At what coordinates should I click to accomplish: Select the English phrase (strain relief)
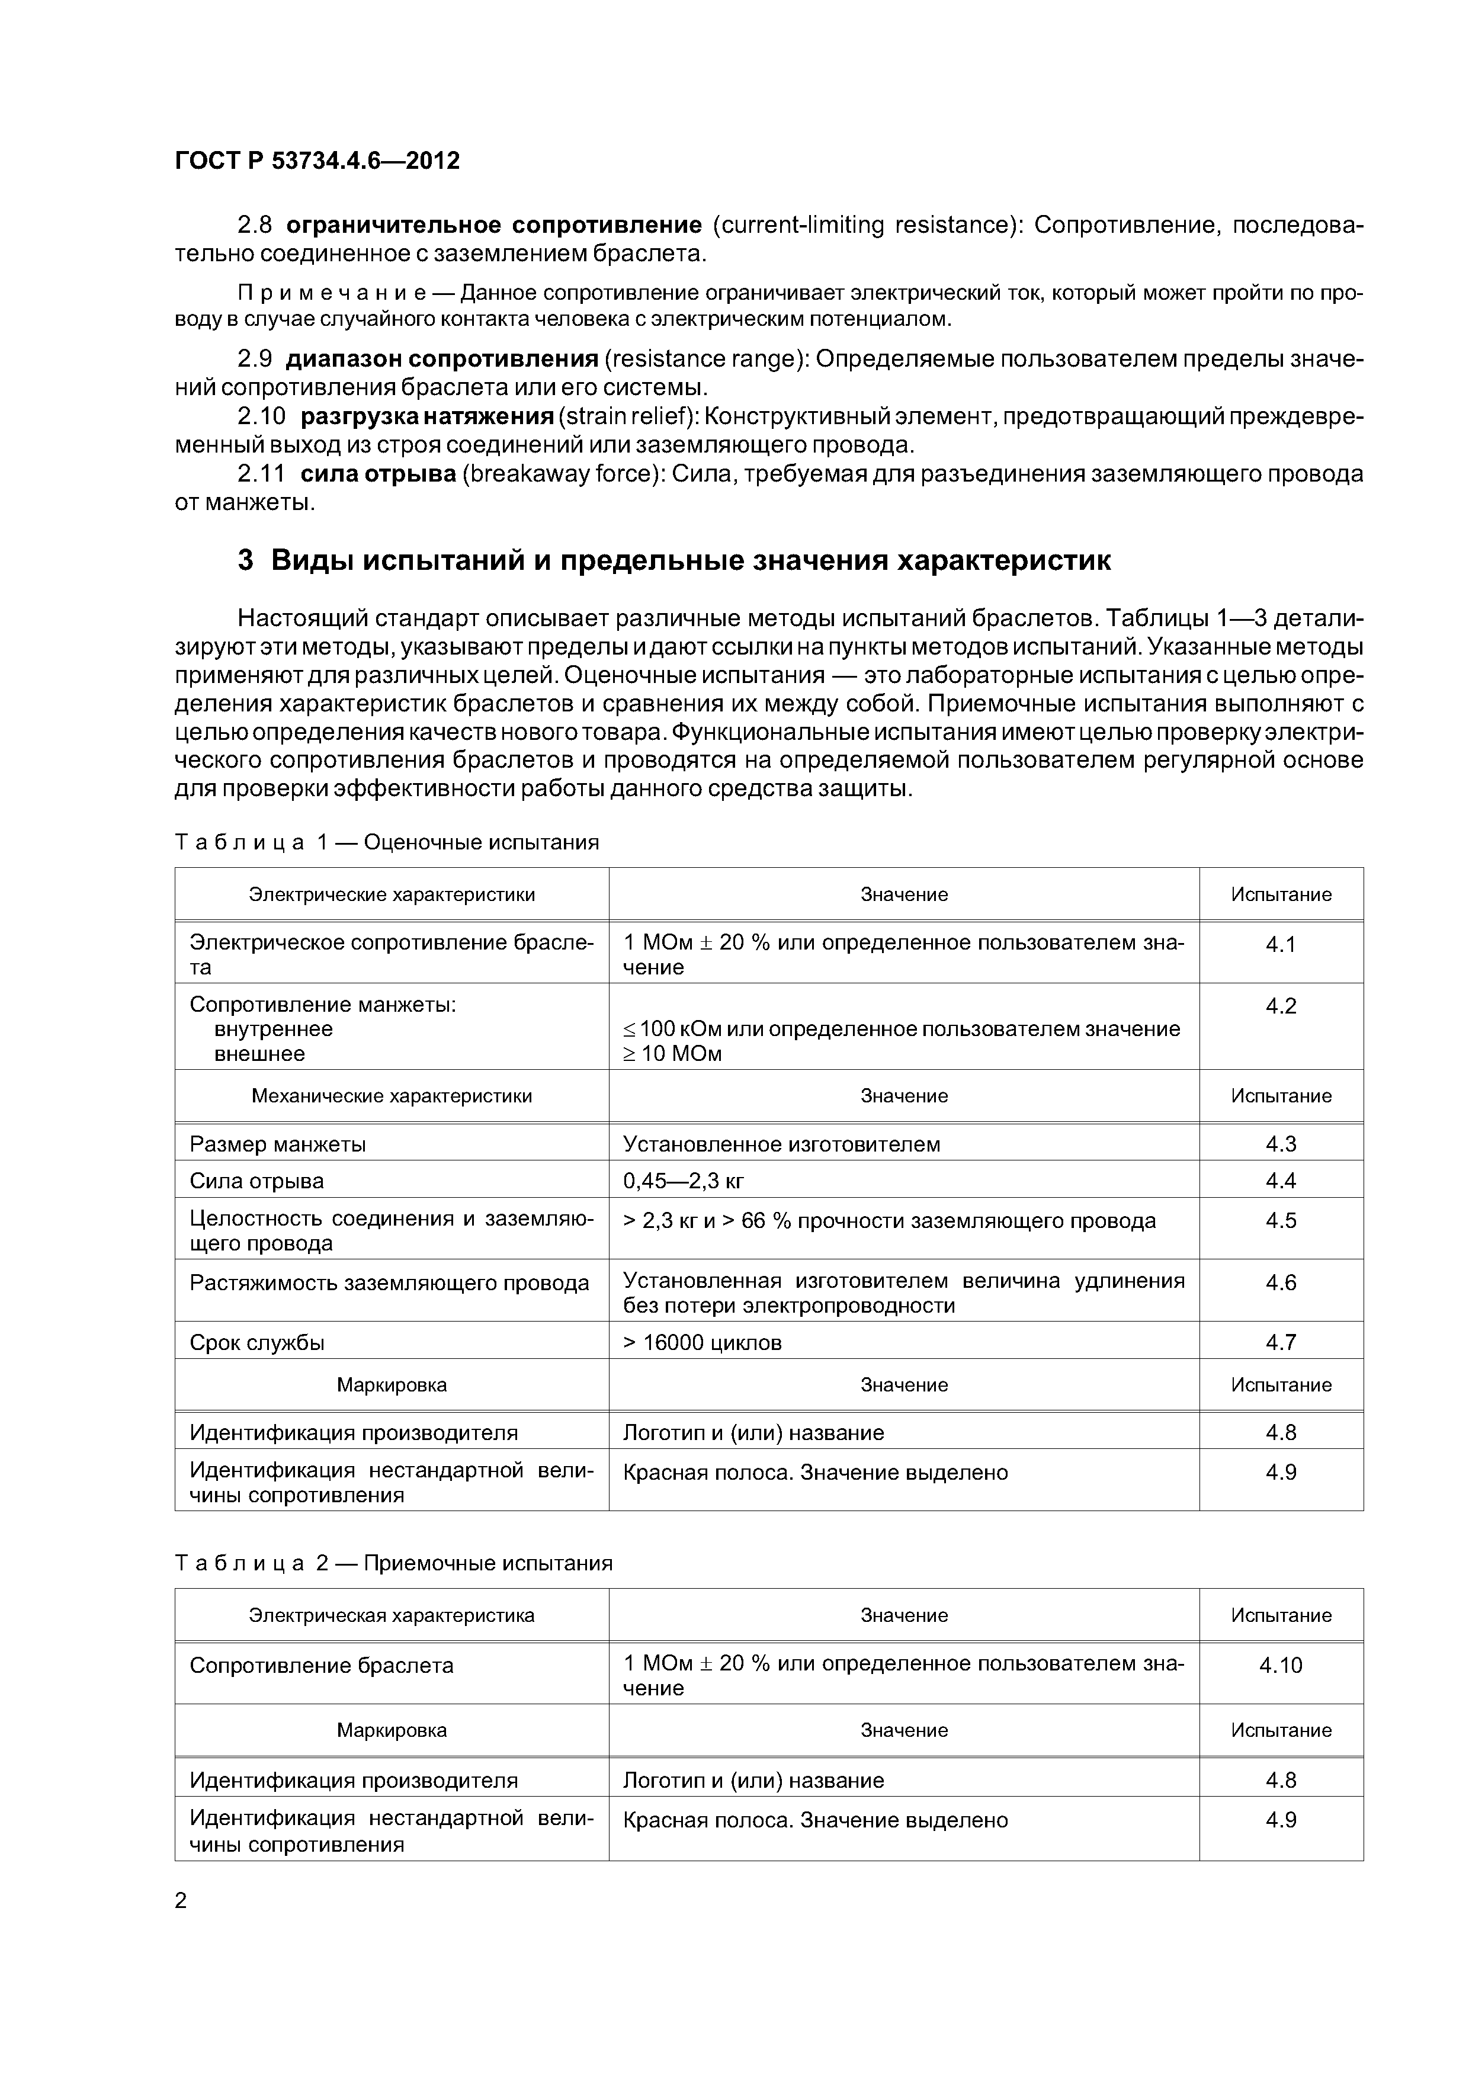[626, 416]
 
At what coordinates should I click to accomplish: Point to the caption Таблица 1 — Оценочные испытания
[386, 842]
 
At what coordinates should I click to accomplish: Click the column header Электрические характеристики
[392, 895]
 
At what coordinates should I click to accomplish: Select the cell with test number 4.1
[1281, 945]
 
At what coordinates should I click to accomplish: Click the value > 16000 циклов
[703, 1343]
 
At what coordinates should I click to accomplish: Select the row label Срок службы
[257, 1343]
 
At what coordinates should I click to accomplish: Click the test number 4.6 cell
[1281, 1282]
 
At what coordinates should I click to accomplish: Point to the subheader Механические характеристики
[392, 1096]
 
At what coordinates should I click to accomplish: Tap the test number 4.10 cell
[1281, 1665]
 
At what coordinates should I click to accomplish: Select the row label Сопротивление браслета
[321, 1665]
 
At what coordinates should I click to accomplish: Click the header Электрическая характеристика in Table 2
[392, 1615]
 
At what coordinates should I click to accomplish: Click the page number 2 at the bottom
[181, 1901]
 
